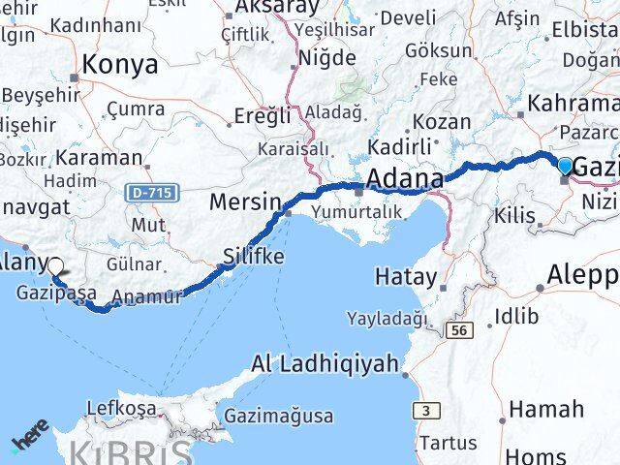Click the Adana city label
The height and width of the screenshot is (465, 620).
pyautogui.click(x=406, y=179)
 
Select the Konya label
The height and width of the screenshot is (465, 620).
pyautogui.click(x=121, y=65)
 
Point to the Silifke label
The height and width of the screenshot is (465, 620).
pyautogui.click(x=253, y=258)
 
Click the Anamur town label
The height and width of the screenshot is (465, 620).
pyautogui.click(x=147, y=297)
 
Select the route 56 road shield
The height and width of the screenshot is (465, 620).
pyautogui.click(x=459, y=330)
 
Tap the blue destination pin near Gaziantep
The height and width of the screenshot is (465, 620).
pyautogui.click(x=566, y=166)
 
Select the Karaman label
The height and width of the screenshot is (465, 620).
pyautogui.click(x=99, y=156)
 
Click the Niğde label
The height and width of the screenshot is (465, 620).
pyautogui.click(x=326, y=58)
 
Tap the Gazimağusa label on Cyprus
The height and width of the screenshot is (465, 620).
pyautogui.click(x=279, y=417)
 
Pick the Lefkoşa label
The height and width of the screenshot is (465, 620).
pyautogui.click(x=121, y=408)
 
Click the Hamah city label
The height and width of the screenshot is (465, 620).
pyautogui.click(x=546, y=409)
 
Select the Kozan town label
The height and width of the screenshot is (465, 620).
pyautogui.click(x=442, y=123)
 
